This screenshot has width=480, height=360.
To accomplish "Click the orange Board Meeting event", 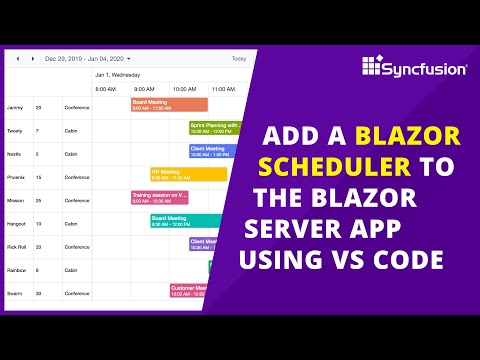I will click(x=169, y=104).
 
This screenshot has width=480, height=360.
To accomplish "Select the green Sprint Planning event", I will click(x=214, y=128).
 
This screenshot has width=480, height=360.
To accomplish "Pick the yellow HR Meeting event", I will click(x=188, y=175).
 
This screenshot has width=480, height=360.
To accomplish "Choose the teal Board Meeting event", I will click(x=186, y=221).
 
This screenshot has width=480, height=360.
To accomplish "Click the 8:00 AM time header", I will click(x=106, y=89).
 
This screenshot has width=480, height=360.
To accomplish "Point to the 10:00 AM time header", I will click(x=184, y=89).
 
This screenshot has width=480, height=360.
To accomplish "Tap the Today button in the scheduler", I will click(x=238, y=59).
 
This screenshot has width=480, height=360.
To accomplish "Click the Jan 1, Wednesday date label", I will click(x=119, y=74).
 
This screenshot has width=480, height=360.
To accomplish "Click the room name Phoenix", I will click(x=16, y=177).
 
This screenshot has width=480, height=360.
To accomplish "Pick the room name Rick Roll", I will click(x=17, y=247).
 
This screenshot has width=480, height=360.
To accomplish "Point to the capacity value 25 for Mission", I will click(x=39, y=200).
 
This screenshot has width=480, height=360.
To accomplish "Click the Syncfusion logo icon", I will click(x=371, y=67).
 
